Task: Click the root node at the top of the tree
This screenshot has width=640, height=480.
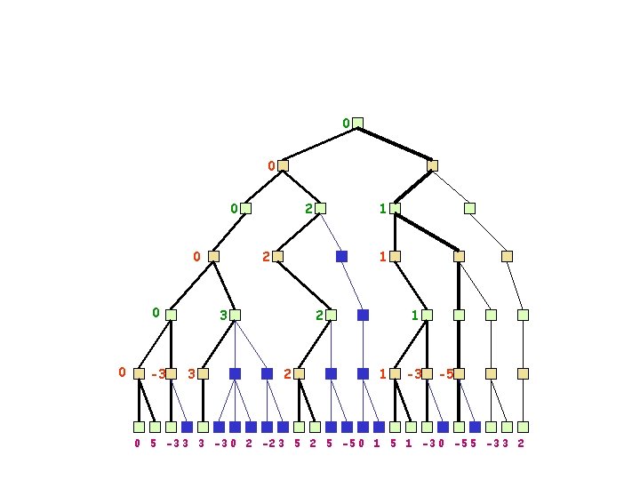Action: pos(357,123)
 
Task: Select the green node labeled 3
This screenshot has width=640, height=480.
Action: pos(235,315)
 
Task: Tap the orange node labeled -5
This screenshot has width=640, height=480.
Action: pos(459,374)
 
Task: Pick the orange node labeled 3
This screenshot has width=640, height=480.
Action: pos(203,374)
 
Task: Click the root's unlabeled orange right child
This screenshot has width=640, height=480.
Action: pos(432,165)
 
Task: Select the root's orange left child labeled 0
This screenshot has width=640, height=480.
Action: pos(283,165)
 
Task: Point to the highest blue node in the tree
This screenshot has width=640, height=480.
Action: pos(341,256)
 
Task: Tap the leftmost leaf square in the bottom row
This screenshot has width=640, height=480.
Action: pos(139,427)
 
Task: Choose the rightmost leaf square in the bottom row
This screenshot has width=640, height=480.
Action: pos(523,427)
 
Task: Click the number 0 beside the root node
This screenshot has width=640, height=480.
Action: pos(346,123)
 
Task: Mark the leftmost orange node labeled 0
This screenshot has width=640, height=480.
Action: pos(139,374)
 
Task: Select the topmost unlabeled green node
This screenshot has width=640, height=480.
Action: pos(469,209)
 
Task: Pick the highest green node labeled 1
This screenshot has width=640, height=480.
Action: pos(395,209)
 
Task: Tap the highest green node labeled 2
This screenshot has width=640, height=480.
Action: pos(320,209)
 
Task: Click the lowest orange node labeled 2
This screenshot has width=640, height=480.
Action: pos(299,374)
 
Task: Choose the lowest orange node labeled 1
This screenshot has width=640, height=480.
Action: pos(395,374)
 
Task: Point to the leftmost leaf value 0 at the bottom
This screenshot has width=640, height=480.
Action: pos(138,443)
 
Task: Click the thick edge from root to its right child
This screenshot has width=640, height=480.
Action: pos(395,144)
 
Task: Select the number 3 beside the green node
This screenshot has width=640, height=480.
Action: pos(223,315)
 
